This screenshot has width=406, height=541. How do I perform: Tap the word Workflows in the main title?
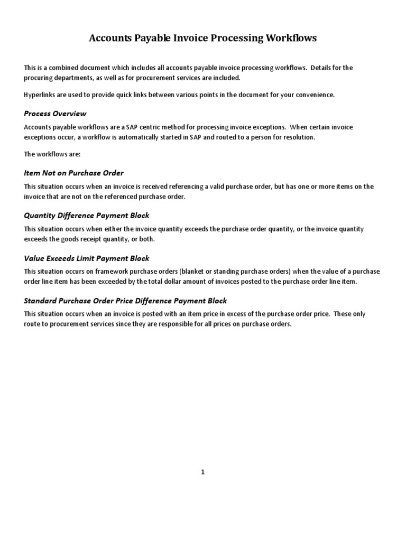coord(292,39)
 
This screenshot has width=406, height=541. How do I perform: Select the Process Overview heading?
coord(55,114)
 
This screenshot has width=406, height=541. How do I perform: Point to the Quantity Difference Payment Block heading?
coord(87,216)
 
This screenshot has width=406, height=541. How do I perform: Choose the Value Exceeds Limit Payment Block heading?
coord(87,258)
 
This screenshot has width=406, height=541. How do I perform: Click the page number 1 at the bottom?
coord(202,472)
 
